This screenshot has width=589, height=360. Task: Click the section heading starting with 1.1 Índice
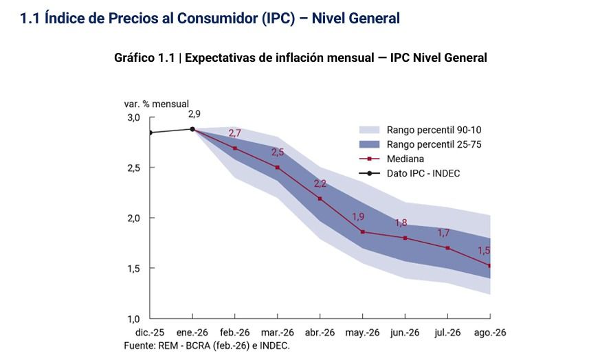(210, 19)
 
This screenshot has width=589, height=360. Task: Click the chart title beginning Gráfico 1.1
(300, 58)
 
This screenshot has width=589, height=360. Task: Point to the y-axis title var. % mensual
(156, 104)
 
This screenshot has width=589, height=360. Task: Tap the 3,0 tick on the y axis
(133, 118)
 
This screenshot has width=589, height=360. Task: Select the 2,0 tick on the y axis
(133, 218)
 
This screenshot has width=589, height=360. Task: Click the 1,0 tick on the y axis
(133, 319)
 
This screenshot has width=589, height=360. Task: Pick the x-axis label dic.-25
(150, 333)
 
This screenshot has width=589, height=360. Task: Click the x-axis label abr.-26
(320, 333)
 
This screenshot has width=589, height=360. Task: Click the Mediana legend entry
(405, 159)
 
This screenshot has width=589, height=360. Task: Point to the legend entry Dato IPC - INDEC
(423, 173)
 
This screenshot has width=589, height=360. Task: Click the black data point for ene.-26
(192, 129)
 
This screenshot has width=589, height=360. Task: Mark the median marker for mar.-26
(277, 167)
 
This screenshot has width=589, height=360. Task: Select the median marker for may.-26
(362, 232)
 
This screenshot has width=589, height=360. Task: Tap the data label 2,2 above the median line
(320, 183)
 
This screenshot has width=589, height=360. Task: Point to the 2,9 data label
(195, 114)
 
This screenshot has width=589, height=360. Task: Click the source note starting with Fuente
(207, 345)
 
